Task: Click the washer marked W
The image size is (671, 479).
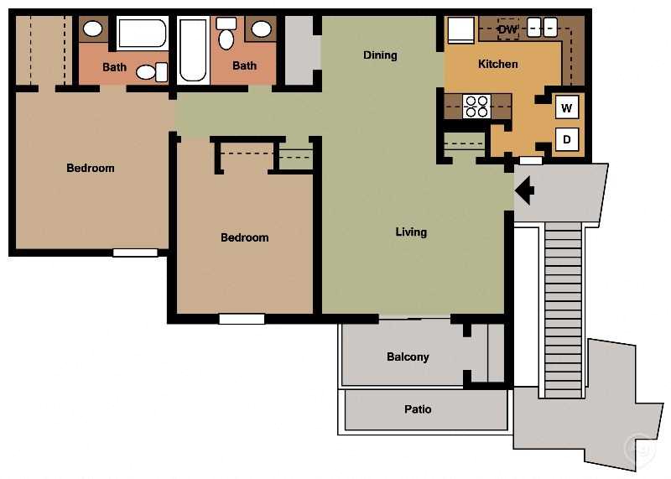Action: [567, 107]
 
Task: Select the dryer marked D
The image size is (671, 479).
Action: [567, 139]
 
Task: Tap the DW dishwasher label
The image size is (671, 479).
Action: [507, 30]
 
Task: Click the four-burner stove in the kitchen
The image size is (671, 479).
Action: [476, 107]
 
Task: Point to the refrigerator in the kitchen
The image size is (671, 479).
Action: [460, 30]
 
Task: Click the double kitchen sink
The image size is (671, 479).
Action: [543, 28]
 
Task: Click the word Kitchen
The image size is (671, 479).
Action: [497, 64]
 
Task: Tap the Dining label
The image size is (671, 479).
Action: [380, 55]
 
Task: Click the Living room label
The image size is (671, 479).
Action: [411, 232]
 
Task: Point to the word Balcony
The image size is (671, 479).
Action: [408, 357]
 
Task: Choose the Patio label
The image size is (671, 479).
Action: [418, 409]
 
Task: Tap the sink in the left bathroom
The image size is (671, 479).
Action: [93, 29]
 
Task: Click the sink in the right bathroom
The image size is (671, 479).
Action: [262, 29]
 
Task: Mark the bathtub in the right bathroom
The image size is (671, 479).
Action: [193, 50]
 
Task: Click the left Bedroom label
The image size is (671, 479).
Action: [91, 168]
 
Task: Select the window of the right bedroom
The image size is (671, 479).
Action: [242, 319]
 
